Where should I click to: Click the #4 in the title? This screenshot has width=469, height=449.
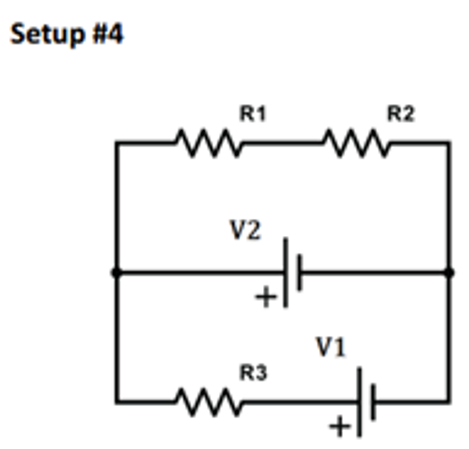click(109, 35)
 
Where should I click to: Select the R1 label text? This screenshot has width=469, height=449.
click(253, 114)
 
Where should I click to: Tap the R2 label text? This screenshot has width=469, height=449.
click(401, 114)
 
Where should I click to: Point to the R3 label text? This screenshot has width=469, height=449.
click(253, 373)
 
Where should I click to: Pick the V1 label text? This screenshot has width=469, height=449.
click(331, 348)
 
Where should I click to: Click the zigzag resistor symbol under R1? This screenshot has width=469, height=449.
click(208, 143)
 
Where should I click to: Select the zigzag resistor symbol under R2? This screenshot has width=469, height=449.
click(357, 143)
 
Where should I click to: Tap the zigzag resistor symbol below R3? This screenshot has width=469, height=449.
click(208, 402)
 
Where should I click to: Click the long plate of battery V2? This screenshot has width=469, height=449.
click(286, 273)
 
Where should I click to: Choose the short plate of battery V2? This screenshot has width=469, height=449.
click(300, 273)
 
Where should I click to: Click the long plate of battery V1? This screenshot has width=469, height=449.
click(360, 402)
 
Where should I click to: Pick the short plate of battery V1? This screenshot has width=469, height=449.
click(373, 402)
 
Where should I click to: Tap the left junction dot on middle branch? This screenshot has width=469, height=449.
click(116, 273)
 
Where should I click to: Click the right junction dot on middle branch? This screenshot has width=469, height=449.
click(449, 273)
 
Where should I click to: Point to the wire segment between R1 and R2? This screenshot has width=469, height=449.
click(282, 143)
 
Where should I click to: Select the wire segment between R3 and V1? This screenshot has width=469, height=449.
click(300, 402)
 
